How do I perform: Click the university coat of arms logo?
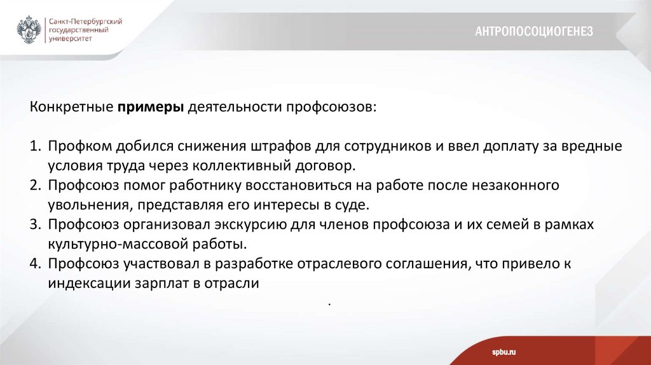click(x=29, y=30)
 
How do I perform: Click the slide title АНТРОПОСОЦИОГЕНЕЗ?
click(x=534, y=31)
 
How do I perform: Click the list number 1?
click(x=34, y=146)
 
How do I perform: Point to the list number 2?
click(x=34, y=186)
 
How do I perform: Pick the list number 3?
click(x=34, y=225)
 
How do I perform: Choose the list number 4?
click(x=34, y=264)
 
